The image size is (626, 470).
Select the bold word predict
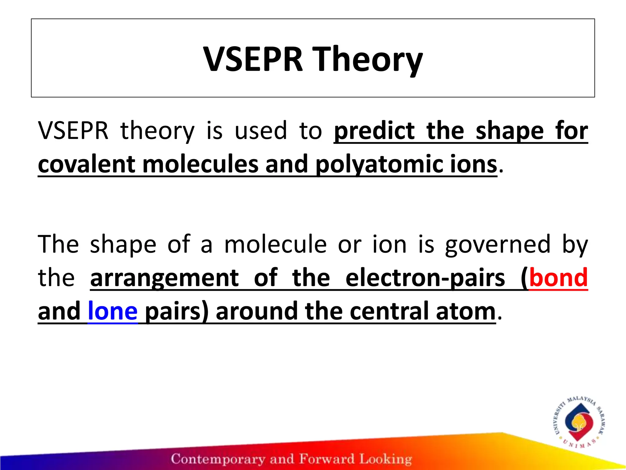374,131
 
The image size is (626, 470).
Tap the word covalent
87,164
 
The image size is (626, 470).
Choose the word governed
498,244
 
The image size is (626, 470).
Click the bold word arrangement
164,278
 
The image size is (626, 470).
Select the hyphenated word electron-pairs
425,278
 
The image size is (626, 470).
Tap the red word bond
558,278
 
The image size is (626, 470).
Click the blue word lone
112,311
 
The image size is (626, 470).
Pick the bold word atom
465,311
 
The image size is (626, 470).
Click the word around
257,311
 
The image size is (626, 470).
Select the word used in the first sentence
261,131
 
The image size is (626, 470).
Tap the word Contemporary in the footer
218,459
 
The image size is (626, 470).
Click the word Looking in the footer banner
385,459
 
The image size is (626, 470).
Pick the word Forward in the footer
326,459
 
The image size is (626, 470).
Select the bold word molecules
200,164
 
